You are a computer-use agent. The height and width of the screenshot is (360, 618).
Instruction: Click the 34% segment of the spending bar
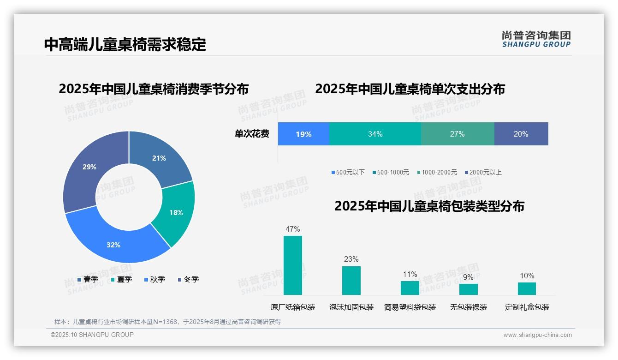click(x=375, y=134)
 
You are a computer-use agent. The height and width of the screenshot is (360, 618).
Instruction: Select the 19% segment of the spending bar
click(x=303, y=134)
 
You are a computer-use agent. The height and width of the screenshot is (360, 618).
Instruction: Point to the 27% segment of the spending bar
click(x=457, y=134)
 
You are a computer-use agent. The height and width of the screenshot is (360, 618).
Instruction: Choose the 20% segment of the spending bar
click(x=521, y=134)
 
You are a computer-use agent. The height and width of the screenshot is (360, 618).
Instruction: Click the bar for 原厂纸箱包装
click(x=293, y=265)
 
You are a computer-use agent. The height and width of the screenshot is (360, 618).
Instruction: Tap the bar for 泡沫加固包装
click(x=351, y=280)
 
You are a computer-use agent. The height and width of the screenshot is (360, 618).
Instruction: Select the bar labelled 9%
click(x=468, y=289)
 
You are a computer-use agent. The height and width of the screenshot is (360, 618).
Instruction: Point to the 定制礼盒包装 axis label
click(x=527, y=307)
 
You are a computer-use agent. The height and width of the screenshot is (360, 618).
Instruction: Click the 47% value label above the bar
click(x=293, y=229)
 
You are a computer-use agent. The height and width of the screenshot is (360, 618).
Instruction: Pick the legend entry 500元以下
click(x=348, y=172)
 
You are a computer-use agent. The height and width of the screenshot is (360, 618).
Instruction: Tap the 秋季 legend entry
click(x=154, y=279)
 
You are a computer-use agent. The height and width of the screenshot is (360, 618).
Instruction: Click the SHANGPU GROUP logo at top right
click(x=536, y=39)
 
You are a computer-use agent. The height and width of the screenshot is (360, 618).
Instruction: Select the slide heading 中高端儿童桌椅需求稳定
click(x=125, y=44)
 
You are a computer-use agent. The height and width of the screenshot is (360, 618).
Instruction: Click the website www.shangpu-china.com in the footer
click(x=537, y=335)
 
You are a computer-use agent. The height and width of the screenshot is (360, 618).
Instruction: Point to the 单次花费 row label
click(x=252, y=134)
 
